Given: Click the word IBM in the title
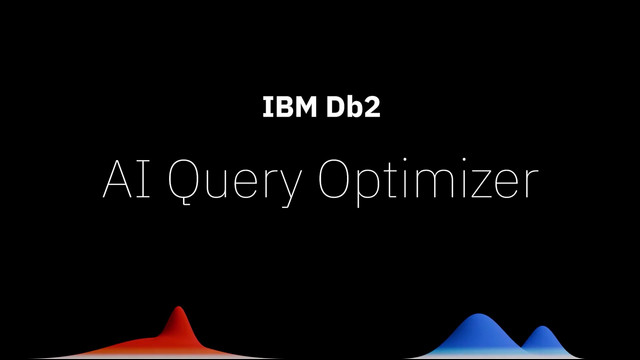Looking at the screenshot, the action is point(289,107).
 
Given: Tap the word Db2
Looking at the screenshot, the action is point(353,107).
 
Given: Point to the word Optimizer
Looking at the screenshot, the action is point(428,182).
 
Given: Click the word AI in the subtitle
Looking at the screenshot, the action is point(127,179).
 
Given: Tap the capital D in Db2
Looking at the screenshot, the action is point(335,107).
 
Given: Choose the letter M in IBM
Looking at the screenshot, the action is point(305,107).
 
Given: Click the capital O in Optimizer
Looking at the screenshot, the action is point(334,179).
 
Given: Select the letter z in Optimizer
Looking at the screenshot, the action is point(483,184).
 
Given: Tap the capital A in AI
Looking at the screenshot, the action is point(118,179).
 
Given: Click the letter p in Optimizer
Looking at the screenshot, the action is point(369,188).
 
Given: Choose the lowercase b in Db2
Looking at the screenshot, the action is point(354,107).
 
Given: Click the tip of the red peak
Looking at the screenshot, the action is point(179,306).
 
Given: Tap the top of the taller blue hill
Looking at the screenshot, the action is point(478,314).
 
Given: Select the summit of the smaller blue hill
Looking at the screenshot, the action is point(542,326).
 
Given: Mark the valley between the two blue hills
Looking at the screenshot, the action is point(522,347).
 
